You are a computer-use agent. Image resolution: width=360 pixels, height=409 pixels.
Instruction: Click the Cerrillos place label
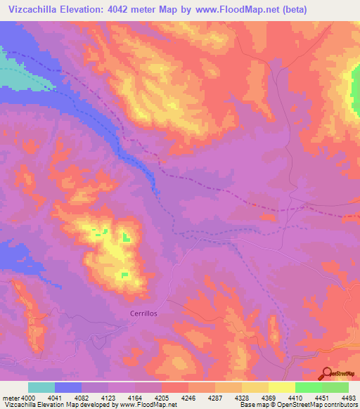point(144,313)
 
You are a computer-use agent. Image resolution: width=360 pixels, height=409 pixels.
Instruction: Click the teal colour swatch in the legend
point(41,387)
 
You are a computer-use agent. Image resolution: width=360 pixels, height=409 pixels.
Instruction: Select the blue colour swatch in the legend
point(68,387)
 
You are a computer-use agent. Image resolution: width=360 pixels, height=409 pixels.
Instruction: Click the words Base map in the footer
point(251,405)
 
